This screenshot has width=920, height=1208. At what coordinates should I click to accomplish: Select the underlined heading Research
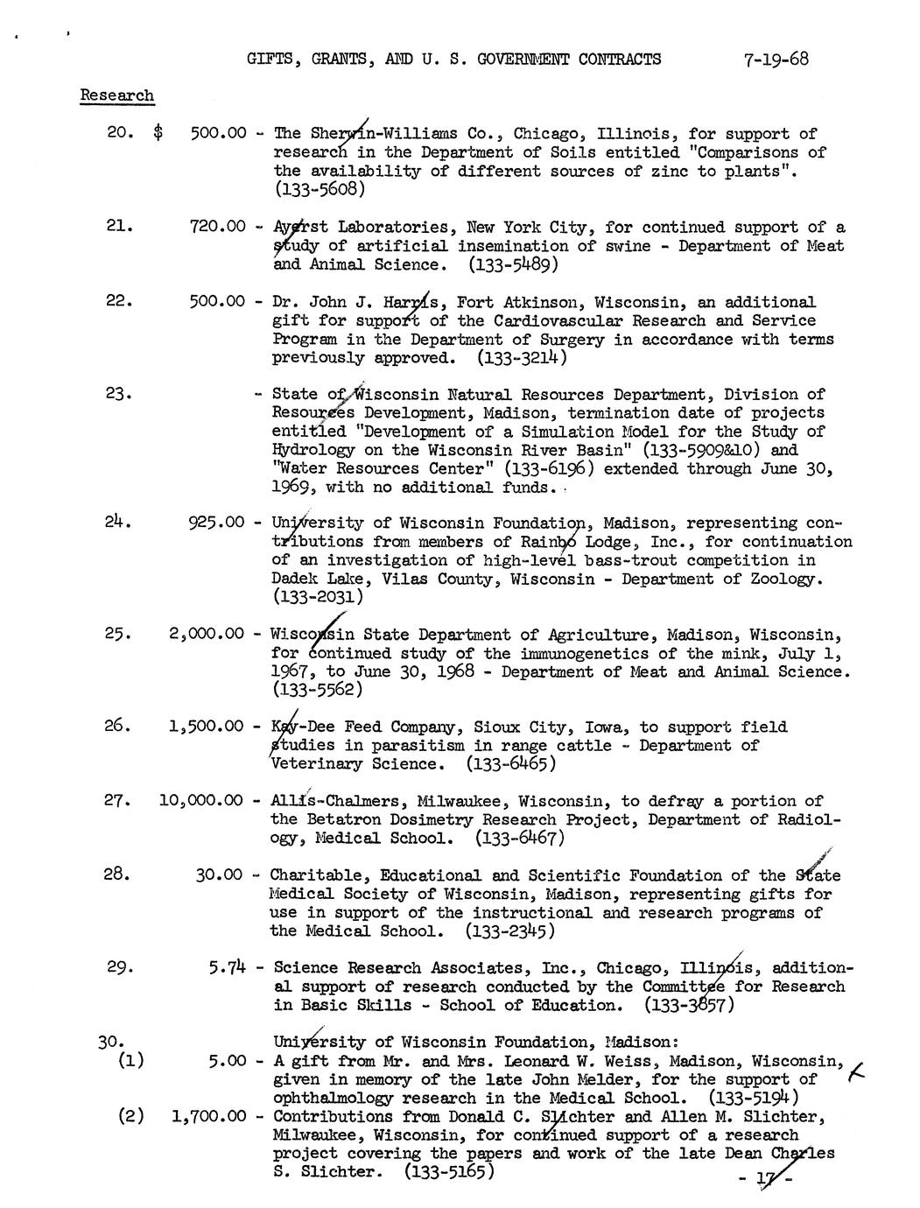tap(116, 95)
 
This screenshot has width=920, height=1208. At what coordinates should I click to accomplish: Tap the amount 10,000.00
tap(200, 800)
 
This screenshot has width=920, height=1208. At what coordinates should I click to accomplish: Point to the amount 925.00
tap(216, 523)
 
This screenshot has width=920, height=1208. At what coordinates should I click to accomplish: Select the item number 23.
tap(118, 394)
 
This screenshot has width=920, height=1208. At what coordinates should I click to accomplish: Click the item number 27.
tap(118, 800)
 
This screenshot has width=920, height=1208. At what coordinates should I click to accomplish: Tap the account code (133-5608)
tap(318, 189)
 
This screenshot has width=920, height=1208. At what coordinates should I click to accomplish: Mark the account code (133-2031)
tap(317, 597)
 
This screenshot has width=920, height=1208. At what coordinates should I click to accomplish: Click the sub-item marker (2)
tap(133, 1116)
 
